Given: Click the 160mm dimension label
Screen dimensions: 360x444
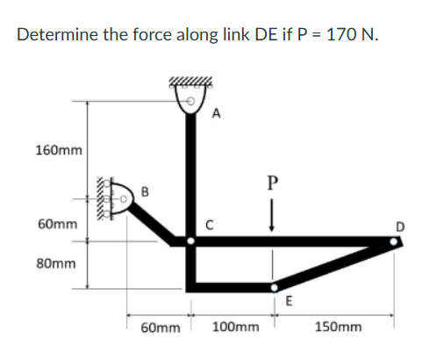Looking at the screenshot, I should pos(59,150).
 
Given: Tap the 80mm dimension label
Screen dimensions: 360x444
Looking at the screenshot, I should pos(55,263).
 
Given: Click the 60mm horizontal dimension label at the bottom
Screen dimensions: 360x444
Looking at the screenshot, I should pos(161,327).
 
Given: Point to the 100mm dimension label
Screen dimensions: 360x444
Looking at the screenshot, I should pos(236,327).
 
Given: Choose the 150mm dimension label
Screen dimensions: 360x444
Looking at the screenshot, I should pos(338,327).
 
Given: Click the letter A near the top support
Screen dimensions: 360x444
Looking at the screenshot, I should pos(218,112).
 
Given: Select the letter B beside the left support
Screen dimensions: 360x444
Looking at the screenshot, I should pos(145,188).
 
